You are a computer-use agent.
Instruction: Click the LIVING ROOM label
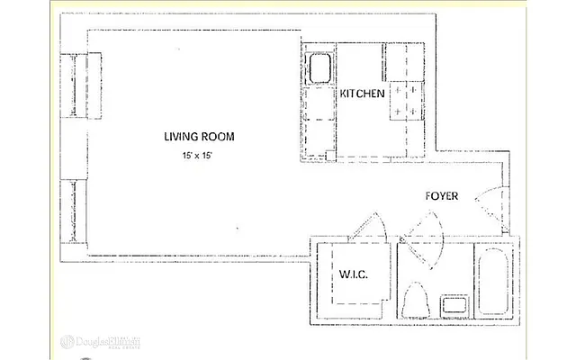pos(199,137)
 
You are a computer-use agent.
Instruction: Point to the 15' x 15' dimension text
pos(198,157)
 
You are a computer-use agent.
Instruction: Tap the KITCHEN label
pos(362,93)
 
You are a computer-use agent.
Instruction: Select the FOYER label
pos(443,196)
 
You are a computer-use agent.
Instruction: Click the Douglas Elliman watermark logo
pos(99,343)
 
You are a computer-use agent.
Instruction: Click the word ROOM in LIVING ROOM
pos(219,137)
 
